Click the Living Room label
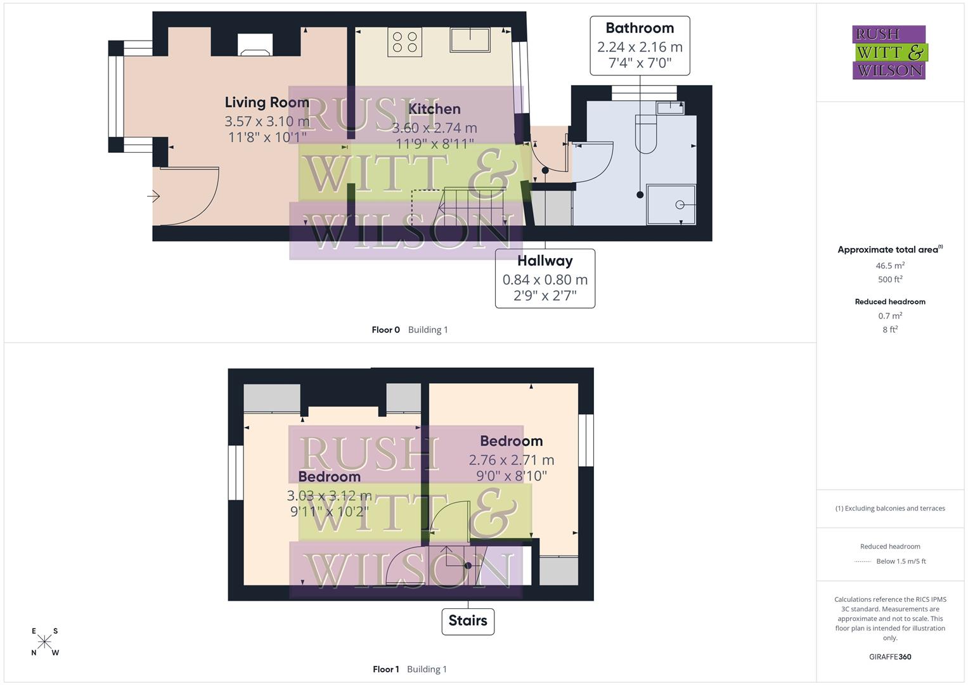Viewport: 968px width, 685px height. (267, 102)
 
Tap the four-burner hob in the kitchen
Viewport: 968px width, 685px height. (405, 42)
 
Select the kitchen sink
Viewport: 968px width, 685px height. (470, 40)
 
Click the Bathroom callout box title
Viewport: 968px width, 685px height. (640, 28)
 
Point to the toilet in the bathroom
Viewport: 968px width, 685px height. (645, 134)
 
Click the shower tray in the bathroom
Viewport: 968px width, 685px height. (671, 204)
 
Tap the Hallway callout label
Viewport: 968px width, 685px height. (545, 261)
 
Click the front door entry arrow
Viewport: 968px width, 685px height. (153, 197)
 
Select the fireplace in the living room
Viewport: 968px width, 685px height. (255, 44)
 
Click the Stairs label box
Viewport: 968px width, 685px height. (468, 620)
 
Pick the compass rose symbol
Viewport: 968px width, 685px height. (45, 642)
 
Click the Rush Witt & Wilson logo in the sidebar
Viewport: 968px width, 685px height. (889, 52)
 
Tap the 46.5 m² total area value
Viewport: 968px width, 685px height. (890, 266)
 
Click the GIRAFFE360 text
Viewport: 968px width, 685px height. (890, 657)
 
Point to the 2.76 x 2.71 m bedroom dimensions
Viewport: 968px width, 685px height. (511, 460)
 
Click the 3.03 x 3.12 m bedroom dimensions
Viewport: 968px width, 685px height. (329, 495)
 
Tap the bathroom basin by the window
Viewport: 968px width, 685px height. (670, 107)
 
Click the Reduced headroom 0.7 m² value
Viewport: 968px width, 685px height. (890, 316)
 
